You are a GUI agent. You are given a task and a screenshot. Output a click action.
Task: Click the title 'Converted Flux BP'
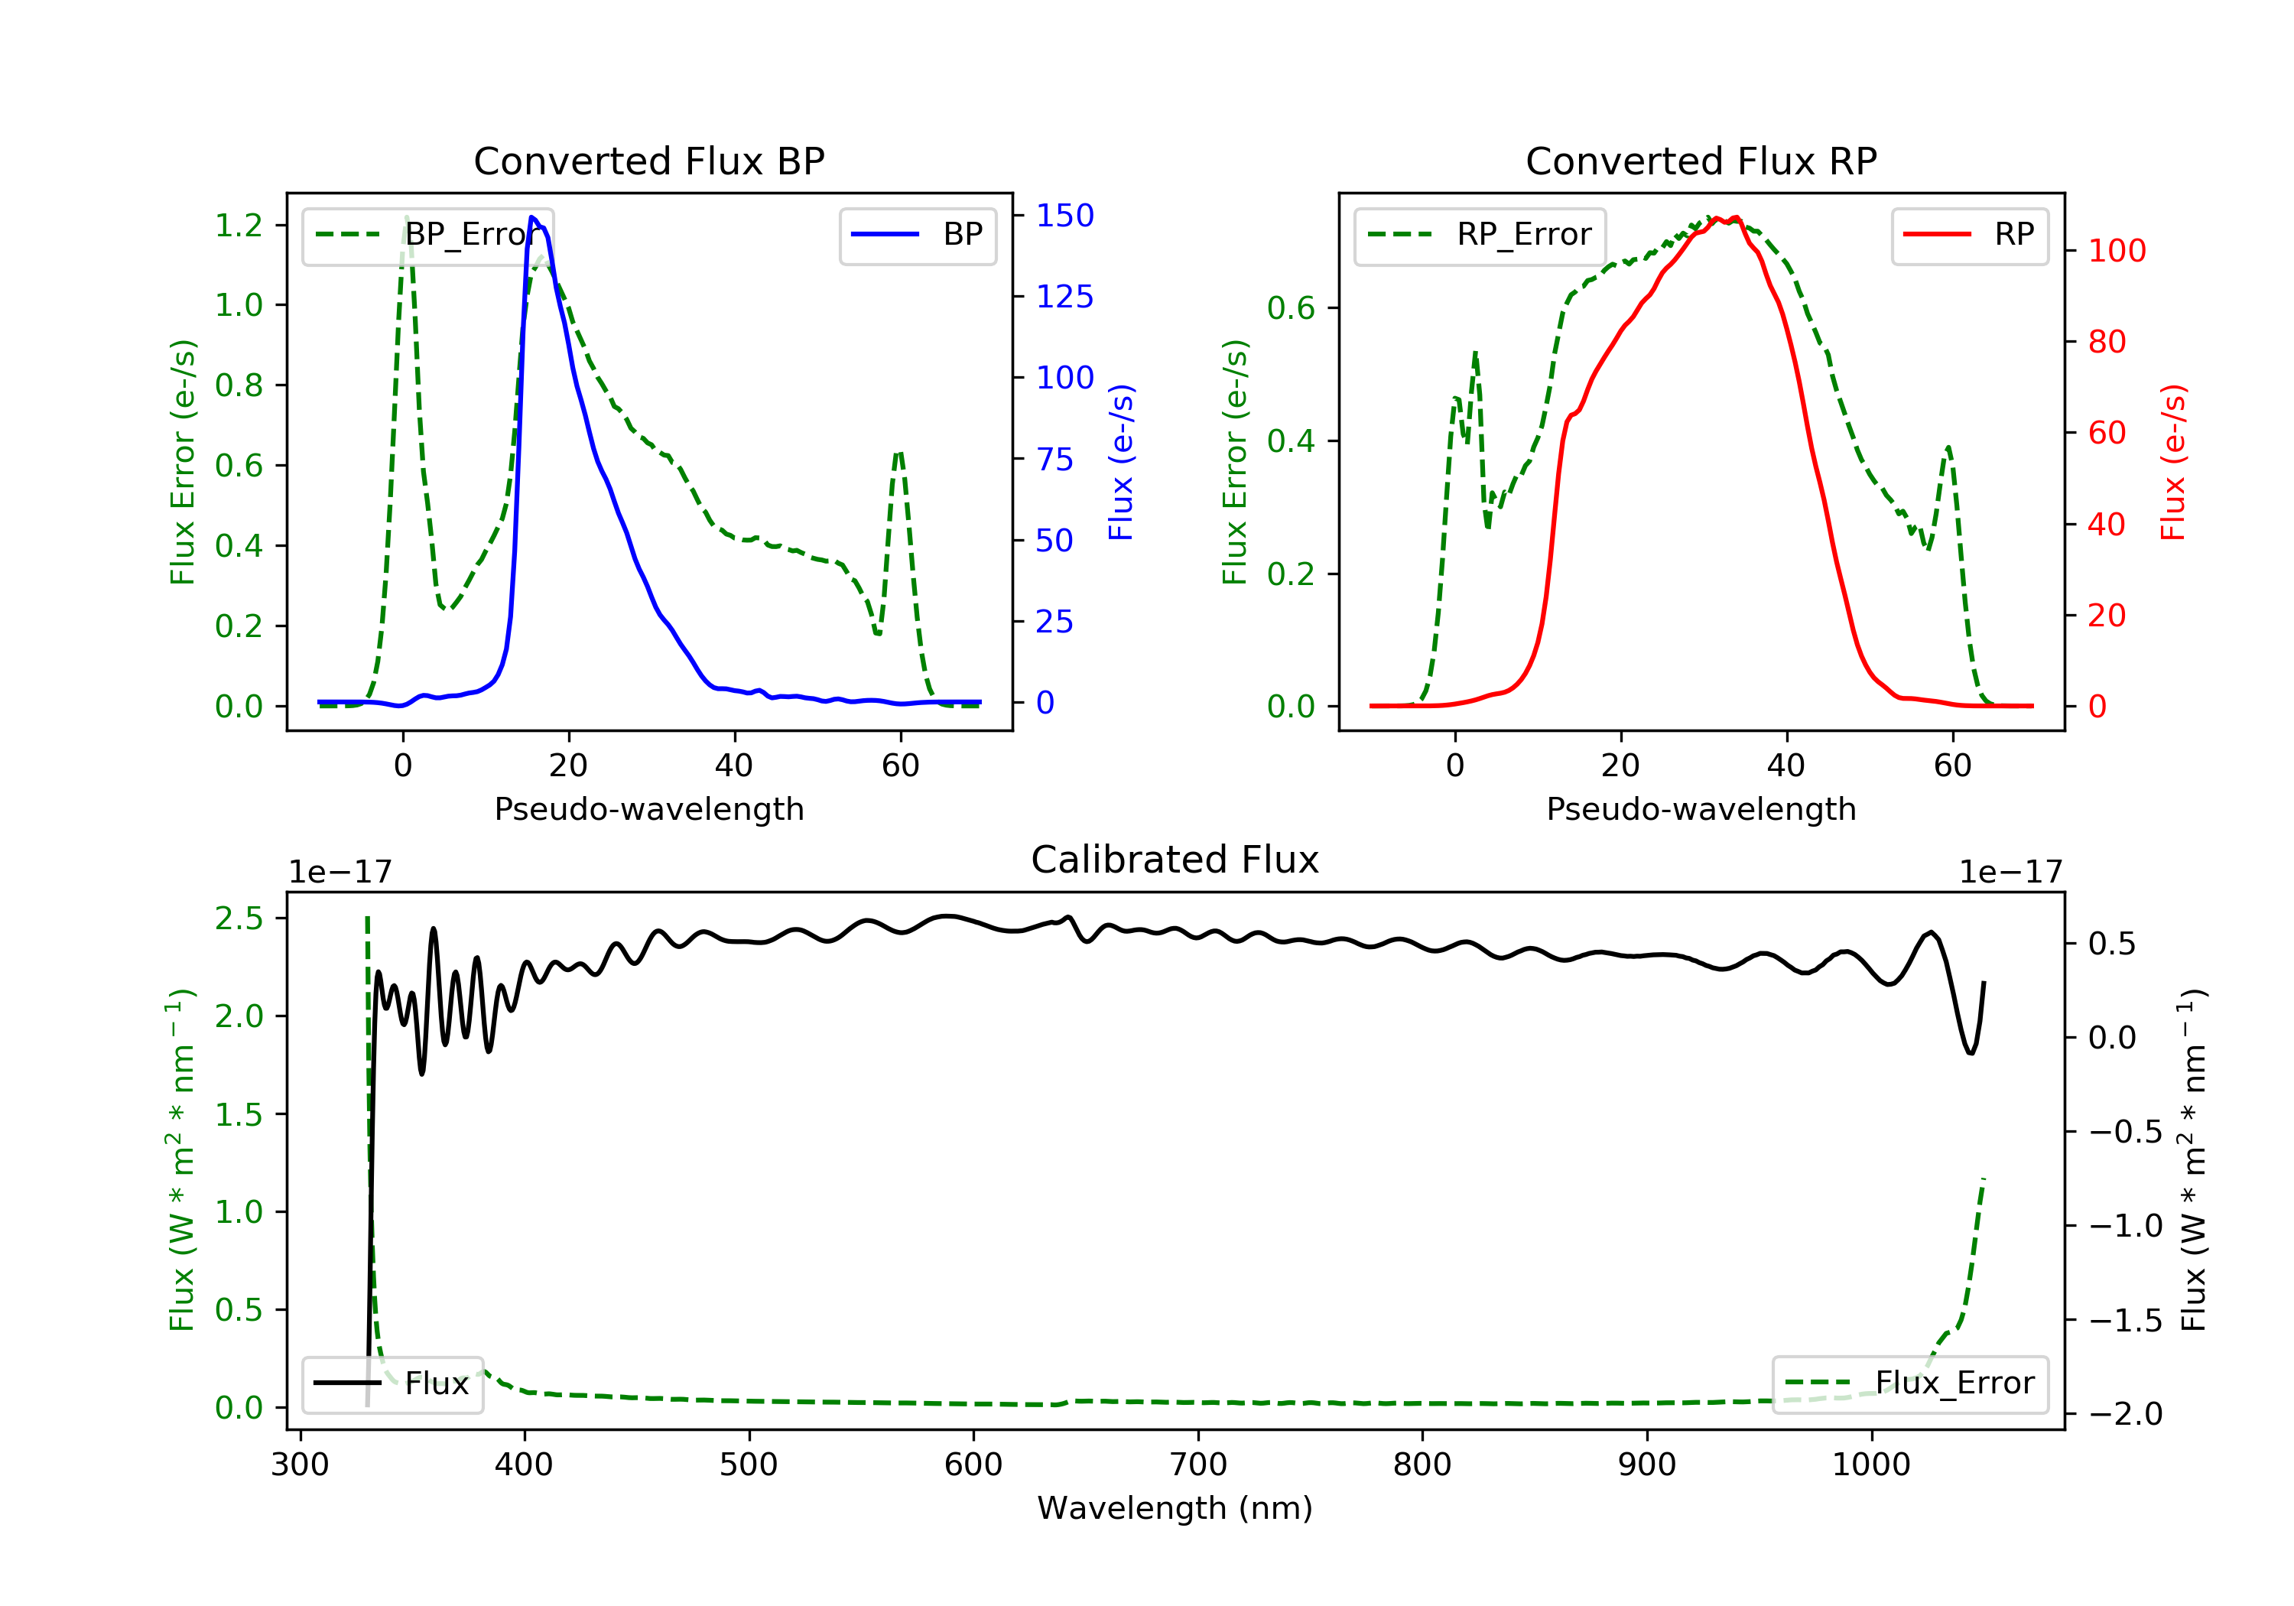click(x=648, y=161)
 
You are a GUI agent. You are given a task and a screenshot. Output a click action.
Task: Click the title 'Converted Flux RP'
click(x=1701, y=161)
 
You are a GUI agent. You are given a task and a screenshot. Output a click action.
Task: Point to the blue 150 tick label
click(x=1064, y=215)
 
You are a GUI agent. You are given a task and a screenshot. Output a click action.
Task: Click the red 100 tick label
click(x=2116, y=251)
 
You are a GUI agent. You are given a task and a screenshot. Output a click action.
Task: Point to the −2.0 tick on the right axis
click(x=2125, y=1413)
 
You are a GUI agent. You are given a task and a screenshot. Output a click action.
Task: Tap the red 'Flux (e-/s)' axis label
click(x=2172, y=462)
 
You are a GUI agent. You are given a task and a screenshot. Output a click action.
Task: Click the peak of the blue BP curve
click(x=532, y=217)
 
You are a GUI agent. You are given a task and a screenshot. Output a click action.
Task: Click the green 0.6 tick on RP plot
click(x=1290, y=307)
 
